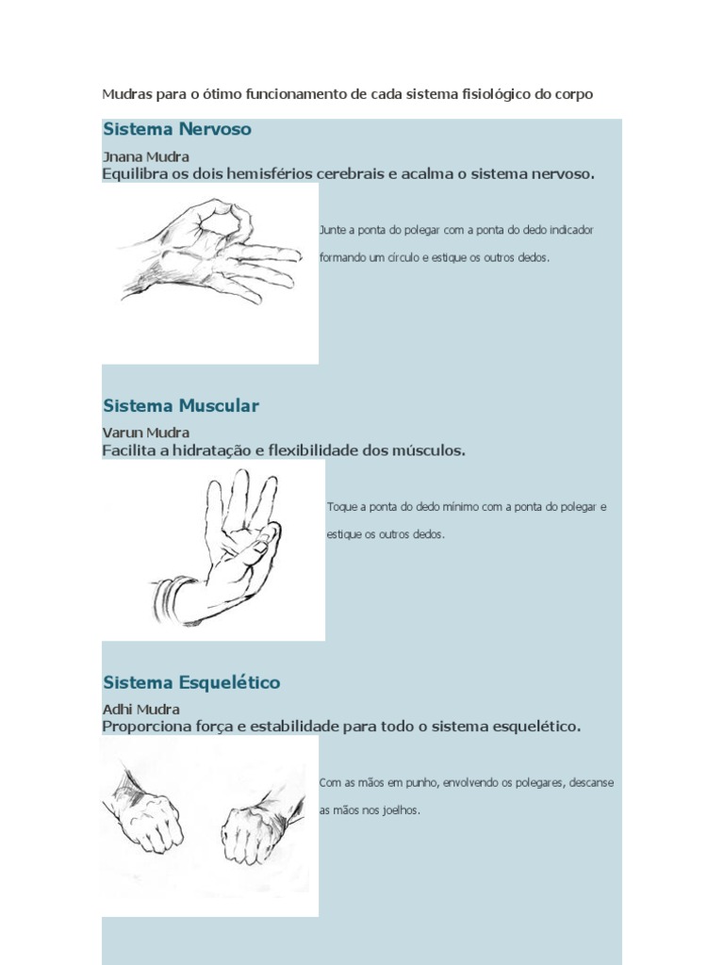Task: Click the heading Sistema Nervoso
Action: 177,129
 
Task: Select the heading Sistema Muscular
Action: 181,405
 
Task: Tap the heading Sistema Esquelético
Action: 191,682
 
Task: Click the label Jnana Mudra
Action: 146,157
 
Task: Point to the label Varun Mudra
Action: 146,433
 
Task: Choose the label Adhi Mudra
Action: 141,709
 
